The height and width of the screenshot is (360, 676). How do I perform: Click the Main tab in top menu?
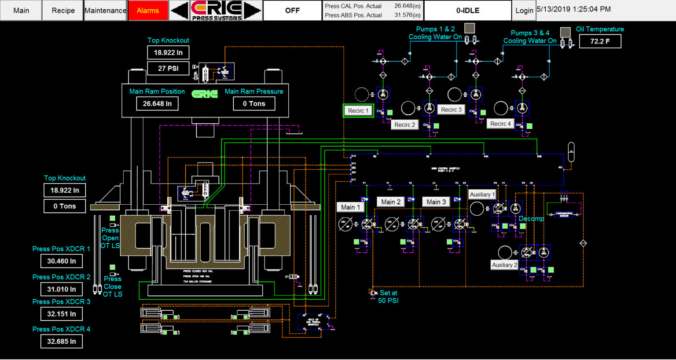pyautogui.click(x=21, y=10)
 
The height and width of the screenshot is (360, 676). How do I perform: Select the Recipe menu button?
pyautogui.click(x=63, y=10)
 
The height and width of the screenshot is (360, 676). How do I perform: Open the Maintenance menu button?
pyautogui.click(x=105, y=10)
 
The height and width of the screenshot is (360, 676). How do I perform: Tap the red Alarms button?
pyautogui.click(x=148, y=10)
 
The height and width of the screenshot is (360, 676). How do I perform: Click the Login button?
pyautogui.click(x=524, y=10)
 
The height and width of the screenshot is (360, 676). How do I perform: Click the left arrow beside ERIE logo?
pyautogui.click(x=180, y=10)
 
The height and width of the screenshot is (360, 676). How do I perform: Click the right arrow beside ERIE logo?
pyautogui.click(x=252, y=10)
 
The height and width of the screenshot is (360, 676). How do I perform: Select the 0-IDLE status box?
pyautogui.click(x=467, y=10)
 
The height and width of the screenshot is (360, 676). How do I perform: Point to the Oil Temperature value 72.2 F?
pyautogui.click(x=600, y=41)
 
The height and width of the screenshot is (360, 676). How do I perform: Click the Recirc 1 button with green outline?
pyautogui.click(x=358, y=110)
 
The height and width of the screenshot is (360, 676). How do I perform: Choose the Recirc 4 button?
pyautogui.click(x=500, y=124)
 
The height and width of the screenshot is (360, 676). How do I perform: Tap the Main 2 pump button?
pyautogui.click(x=391, y=202)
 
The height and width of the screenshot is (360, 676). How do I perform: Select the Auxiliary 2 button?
pyautogui.click(x=504, y=265)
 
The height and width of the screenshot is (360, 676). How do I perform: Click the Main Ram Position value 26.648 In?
pyautogui.click(x=157, y=103)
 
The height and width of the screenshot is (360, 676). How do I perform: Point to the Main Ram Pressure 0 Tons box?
pyautogui.click(x=254, y=103)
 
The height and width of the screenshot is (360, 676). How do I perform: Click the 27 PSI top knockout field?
pyautogui.click(x=168, y=68)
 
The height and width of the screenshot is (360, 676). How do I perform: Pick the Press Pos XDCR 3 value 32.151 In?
pyautogui.click(x=62, y=314)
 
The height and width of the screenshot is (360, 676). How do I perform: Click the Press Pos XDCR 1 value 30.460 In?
pyautogui.click(x=62, y=261)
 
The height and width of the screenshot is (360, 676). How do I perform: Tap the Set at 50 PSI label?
pyautogui.click(x=388, y=297)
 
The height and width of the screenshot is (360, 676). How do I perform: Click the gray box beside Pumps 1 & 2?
pyautogui.click(x=470, y=28)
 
